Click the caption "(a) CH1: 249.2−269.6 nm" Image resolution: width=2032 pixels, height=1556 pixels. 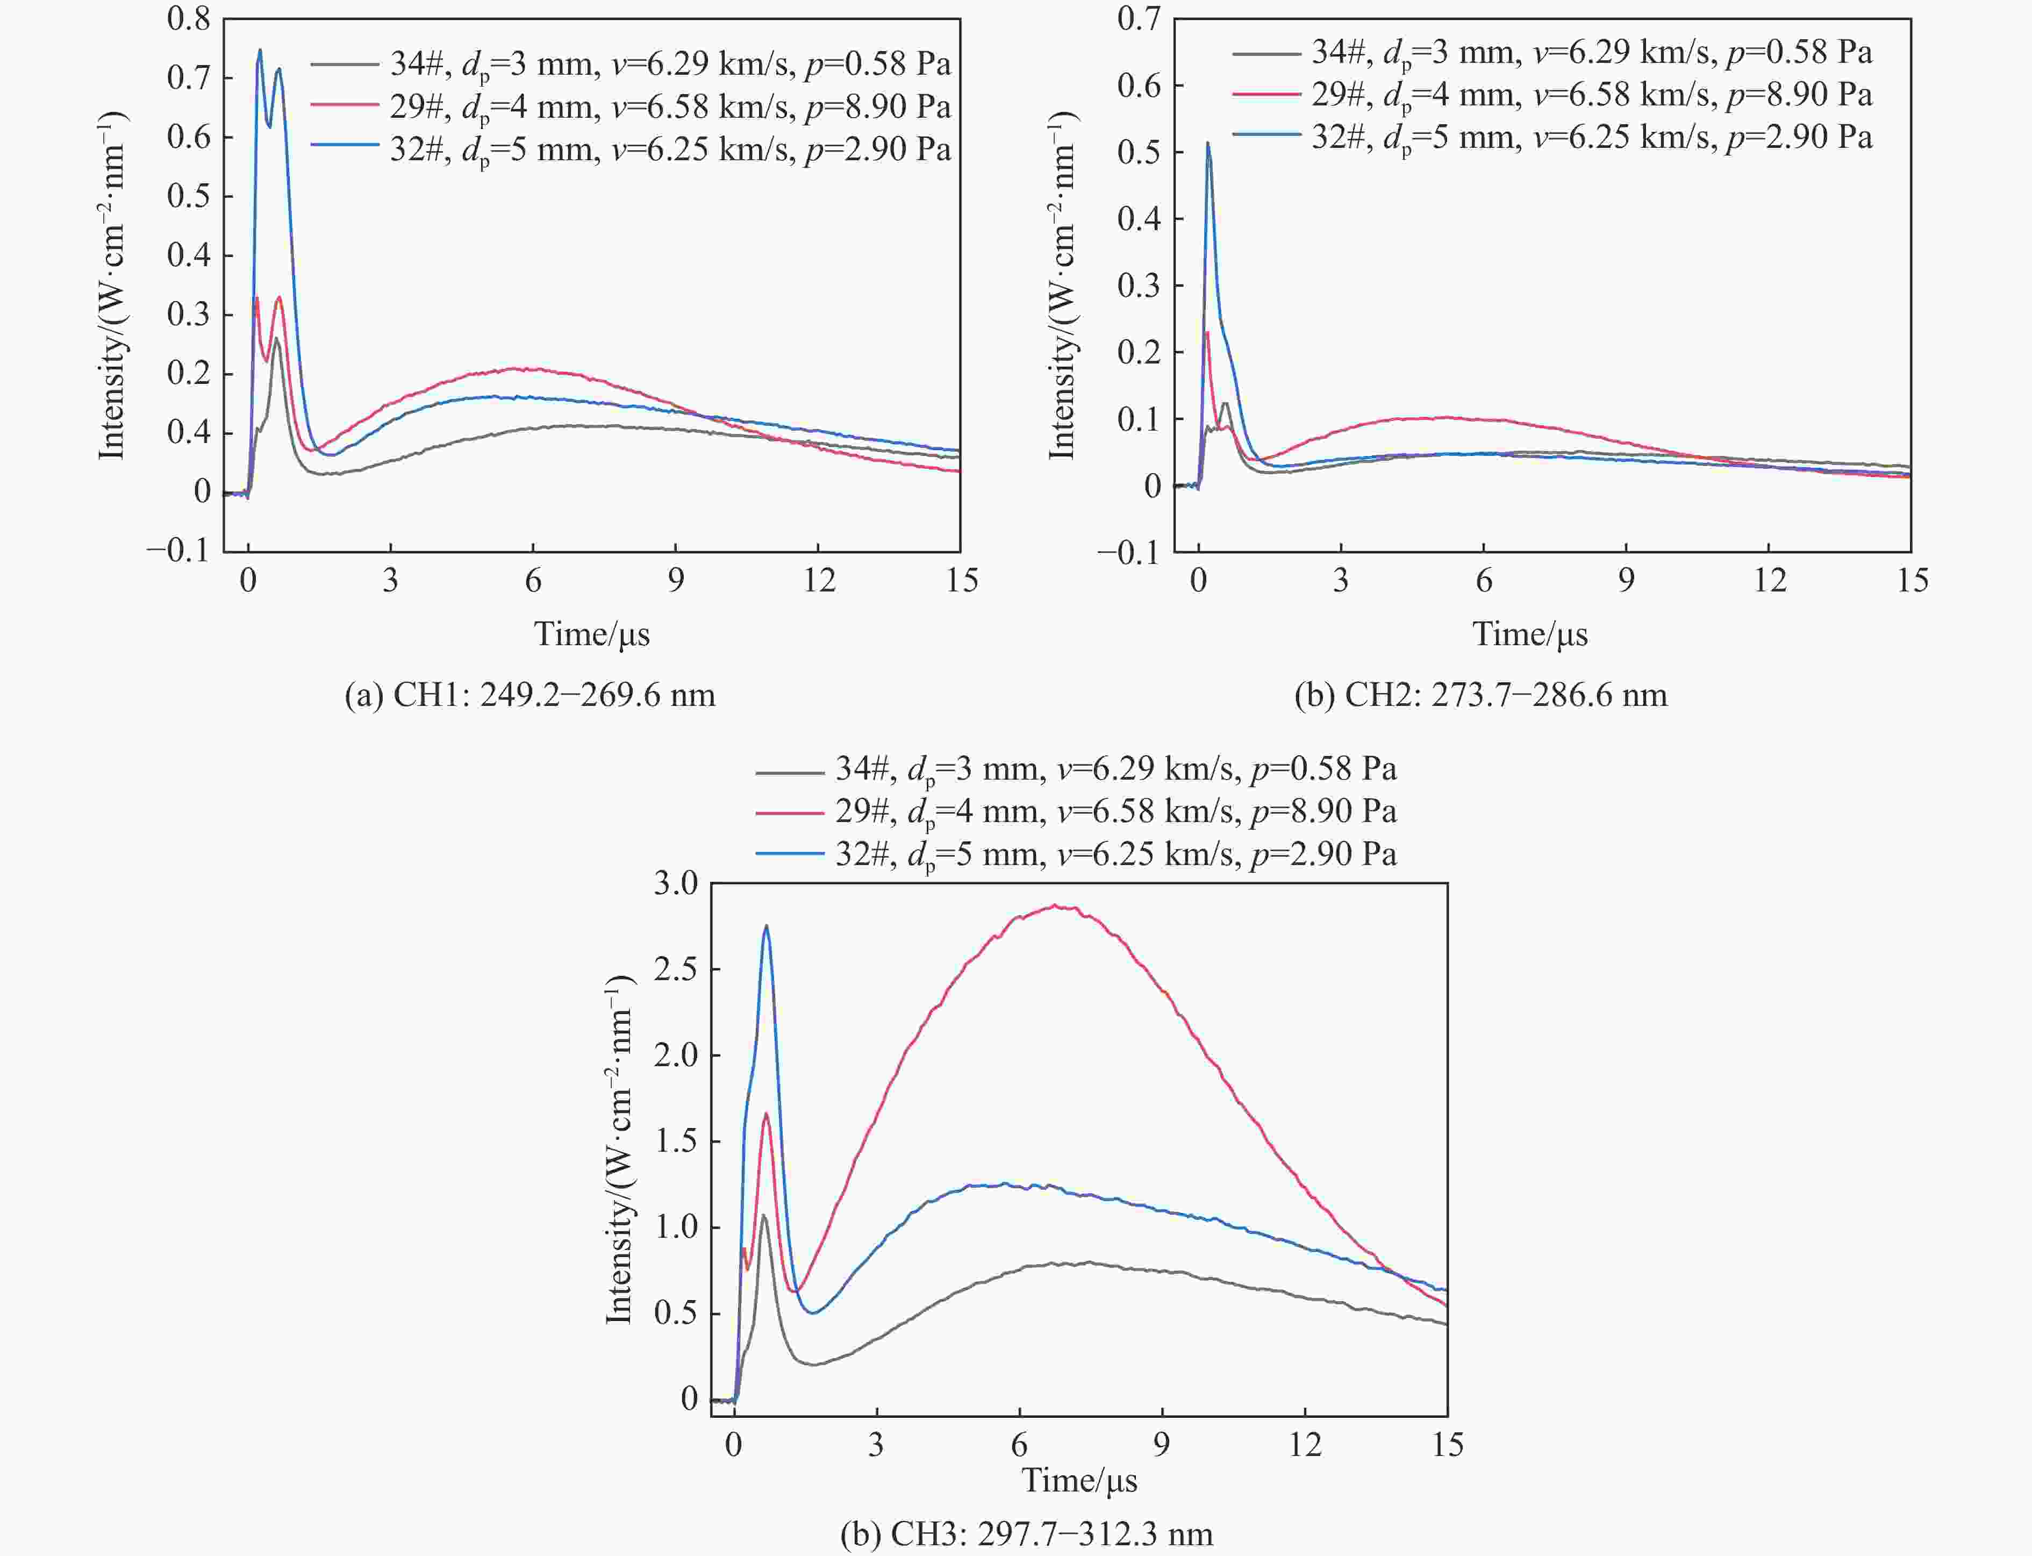coord(530,695)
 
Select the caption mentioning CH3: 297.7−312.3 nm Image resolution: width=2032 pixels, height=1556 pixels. coord(1026,1534)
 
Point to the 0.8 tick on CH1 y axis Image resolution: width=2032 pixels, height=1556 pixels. coord(189,18)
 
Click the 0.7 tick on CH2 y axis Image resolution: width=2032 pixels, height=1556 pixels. coord(1139,18)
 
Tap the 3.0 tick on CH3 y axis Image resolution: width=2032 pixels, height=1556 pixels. coord(676,883)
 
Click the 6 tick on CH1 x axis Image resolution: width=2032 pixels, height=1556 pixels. coord(533,581)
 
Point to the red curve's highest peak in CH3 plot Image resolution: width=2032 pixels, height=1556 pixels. coord(1055,907)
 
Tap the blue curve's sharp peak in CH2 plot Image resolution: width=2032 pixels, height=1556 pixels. coord(1208,142)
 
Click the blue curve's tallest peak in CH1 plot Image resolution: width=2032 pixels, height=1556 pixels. coord(259,50)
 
